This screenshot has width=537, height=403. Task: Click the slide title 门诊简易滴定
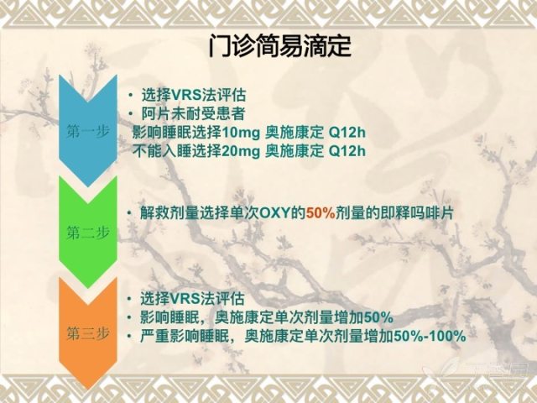pyautogui.click(x=279, y=45)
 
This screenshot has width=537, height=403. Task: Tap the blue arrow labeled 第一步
pyautogui.click(x=87, y=131)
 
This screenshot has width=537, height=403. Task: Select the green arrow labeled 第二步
pyautogui.click(x=87, y=233)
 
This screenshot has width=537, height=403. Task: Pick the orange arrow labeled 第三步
pyautogui.click(x=87, y=333)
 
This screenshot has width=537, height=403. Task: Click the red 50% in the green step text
pyautogui.click(x=321, y=213)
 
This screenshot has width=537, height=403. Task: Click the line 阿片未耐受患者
pyautogui.click(x=193, y=114)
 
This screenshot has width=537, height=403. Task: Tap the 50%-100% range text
pyautogui.click(x=430, y=336)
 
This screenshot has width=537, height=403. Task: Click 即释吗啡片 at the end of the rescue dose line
pyautogui.click(x=417, y=213)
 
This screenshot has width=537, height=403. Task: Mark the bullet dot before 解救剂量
pyautogui.click(x=129, y=213)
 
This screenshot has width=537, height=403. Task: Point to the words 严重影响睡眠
pyautogui.click(x=185, y=336)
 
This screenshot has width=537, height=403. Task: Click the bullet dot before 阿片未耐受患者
pyautogui.click(x=131, y=114)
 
